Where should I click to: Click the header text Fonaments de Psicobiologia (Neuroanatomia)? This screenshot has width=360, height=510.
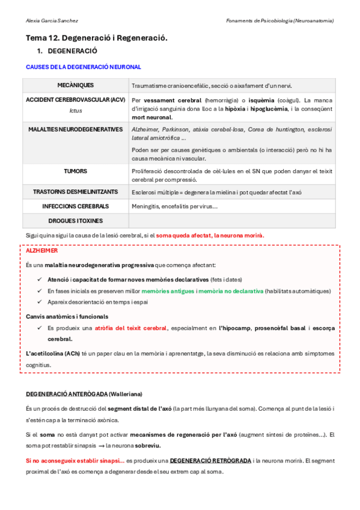click(279, 20)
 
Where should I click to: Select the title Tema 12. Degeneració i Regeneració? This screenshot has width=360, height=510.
click(97, 37)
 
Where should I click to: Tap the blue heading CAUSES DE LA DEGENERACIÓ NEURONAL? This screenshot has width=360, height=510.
click(84, 67)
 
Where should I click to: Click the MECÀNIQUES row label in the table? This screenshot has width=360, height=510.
click(75, 85)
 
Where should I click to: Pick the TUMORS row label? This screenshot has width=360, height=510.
click(75, 171)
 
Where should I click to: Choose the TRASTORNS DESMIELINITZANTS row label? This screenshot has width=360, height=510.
click(75, 191)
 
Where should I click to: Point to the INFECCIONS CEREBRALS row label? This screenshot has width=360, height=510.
click(75, 206)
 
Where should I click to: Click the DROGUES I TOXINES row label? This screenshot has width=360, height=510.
click(75, 221)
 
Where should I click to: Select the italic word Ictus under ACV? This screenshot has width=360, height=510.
click(75, 111)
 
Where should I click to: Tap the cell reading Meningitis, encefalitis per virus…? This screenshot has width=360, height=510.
click(174, 206)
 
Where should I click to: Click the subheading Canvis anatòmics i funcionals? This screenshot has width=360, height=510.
click(67, 316)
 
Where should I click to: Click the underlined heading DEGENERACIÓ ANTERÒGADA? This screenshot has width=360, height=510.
click(67, 394)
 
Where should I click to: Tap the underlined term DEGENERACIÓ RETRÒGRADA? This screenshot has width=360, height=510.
click(210, 460)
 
